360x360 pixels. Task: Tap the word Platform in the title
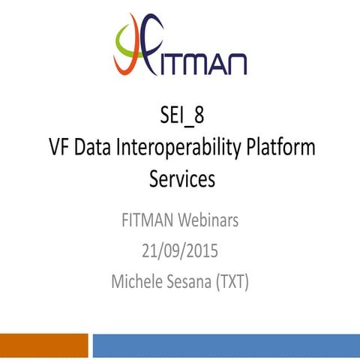point(281,148)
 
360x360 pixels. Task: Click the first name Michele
point(138,281)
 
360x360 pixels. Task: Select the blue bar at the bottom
point(225,346)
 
